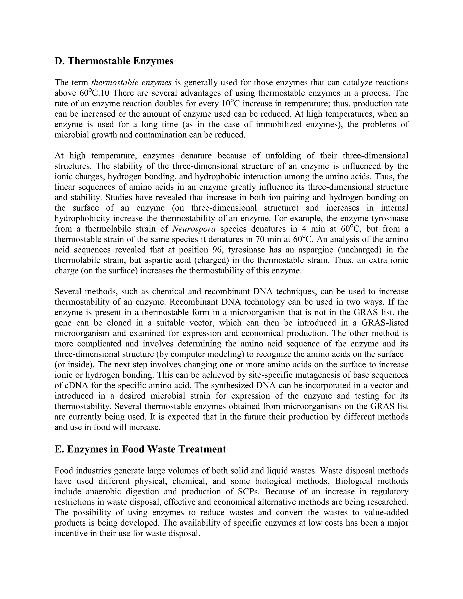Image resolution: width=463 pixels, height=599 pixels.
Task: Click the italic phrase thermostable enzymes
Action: click(x=131, y=83)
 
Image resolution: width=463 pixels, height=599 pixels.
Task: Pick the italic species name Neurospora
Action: click(x=194, y=229)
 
